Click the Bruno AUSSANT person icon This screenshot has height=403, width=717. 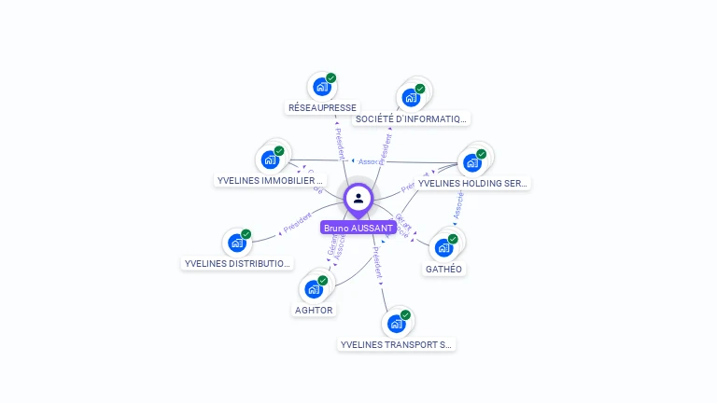tap(358, 198)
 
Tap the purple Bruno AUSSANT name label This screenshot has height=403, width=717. tap(358, 228)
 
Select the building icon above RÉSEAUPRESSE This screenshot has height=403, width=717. tap(322, 88)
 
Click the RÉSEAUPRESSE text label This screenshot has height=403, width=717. tap(322, 108)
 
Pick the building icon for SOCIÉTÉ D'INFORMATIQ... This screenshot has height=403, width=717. tap(411, 98)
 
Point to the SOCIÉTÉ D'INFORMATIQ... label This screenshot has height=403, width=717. tap(411, 118)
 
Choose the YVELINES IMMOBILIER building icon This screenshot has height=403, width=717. tap(270, 160)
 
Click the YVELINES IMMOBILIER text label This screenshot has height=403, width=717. tap(270, 180)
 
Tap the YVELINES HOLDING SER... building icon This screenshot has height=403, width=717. tap(472, 163)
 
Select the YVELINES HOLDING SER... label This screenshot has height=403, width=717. tap(473, 184)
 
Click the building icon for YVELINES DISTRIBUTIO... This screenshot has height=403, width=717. tap(237, 243)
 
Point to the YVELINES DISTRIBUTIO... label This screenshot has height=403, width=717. tap(237, 264)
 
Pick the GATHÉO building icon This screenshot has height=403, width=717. tap(443, 248)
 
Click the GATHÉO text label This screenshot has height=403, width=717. tap(443, 269)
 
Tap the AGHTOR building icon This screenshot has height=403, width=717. tap(314, 289)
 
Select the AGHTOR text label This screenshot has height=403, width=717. tap(314, 310)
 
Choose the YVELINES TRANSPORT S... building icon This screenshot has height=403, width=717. tap(397, 324)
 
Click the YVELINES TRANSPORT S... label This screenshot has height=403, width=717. tap(397, 344)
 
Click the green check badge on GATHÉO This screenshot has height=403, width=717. tap(453, 239)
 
